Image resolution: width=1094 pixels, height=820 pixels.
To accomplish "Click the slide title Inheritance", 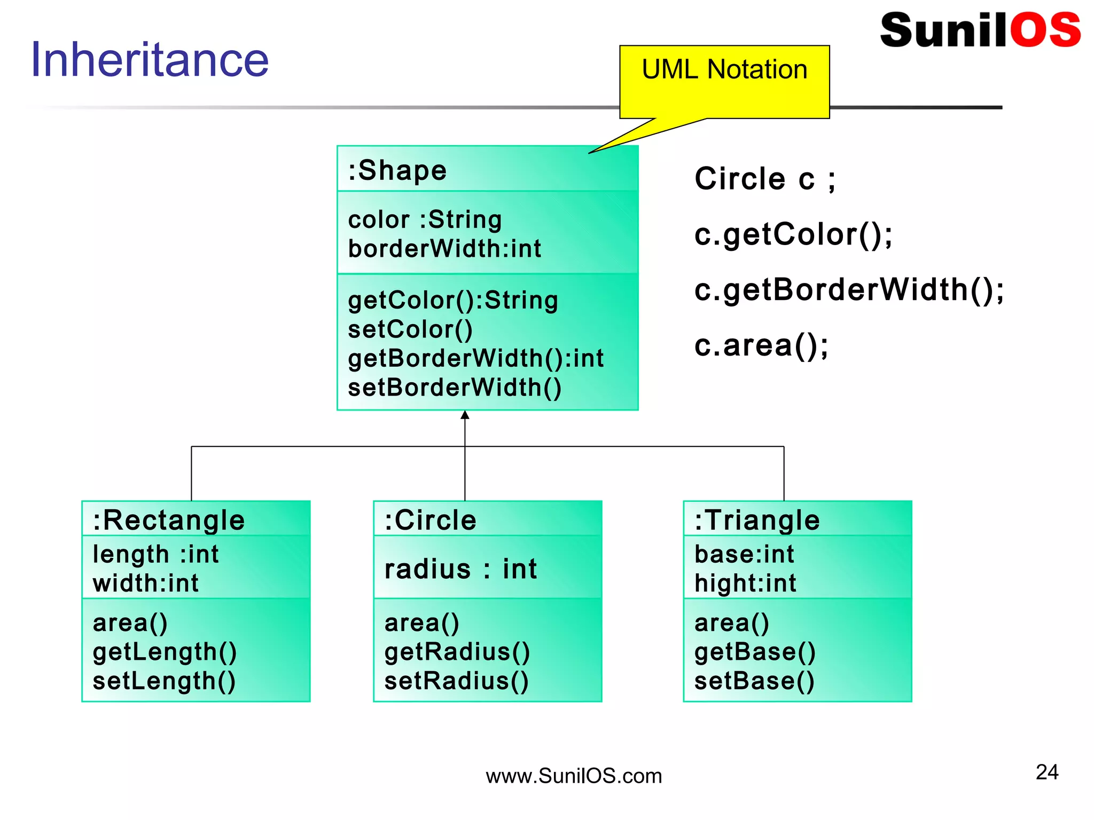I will (x=150, y=60).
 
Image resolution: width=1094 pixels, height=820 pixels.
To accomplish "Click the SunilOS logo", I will (x=980, y=30).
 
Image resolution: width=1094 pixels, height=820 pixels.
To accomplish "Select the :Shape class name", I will (x=397, y=171).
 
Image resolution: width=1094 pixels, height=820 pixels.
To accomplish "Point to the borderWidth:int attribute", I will (x=444, y=249).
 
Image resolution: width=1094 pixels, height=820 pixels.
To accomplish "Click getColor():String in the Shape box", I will (x=453, y=300).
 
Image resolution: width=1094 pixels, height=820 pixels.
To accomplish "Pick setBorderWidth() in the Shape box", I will (x=455, y=388).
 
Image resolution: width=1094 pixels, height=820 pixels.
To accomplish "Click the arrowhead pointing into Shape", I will (x=465, y=415).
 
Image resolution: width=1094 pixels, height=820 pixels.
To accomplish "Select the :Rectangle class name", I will (x=169, y=520).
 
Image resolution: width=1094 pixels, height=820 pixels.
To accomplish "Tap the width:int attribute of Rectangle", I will (x=145, y=583).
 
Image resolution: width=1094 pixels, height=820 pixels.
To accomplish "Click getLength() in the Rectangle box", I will (x=165, y=652).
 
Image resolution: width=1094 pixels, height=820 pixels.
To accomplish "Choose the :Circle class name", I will (x=431, y=520).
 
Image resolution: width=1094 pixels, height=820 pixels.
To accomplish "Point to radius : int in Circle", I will (x=460, y=569).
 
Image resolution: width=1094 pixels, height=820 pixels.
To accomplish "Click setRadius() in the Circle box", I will (x=457, y=681).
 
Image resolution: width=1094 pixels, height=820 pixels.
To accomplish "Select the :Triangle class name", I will (x=757, y=520).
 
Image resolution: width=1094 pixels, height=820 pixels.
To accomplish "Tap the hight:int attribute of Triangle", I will (x=745, y=583).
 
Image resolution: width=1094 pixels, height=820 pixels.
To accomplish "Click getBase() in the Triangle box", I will (x=755, y=652).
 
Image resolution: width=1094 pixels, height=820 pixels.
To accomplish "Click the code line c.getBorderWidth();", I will (x=849, y=290).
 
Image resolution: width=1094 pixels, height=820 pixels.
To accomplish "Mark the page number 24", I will (x=1046, y=772).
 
